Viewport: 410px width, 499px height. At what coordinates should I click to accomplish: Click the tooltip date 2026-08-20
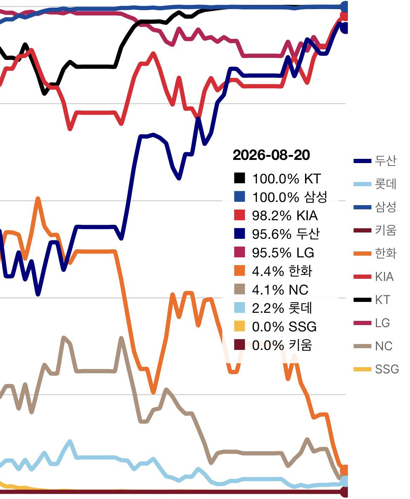click(x=271, y=155)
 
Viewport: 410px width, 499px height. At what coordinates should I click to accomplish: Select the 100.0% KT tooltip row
click(x=277, y=178)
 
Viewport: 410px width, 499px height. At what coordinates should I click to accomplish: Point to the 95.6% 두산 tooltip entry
click(x=277, y=234)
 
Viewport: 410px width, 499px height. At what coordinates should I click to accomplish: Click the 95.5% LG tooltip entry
click(x=274, y=253)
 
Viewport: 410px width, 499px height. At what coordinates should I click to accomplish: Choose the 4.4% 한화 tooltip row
click(x=273, y=271)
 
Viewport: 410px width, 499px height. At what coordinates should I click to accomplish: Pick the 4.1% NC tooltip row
click(x=271, y=290)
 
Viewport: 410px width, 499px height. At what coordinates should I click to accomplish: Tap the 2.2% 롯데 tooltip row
click(x=273, y=308)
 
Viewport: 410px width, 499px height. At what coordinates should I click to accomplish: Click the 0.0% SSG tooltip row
click(x=275, y=327)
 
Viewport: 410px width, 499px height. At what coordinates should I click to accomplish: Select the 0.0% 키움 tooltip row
click(x=273, y=345)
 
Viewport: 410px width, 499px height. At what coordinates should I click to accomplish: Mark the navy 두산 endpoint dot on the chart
click(x=345, y=29)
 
